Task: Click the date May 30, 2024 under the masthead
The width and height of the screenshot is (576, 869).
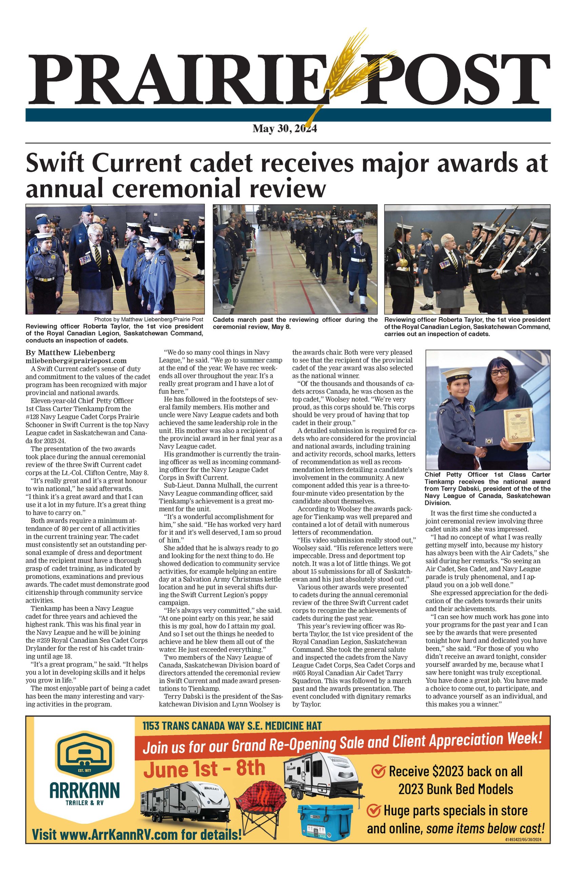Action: [x=284, y=129]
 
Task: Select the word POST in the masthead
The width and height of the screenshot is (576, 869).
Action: [x=456, y=79]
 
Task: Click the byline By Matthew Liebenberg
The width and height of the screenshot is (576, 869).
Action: [x=70, y=353]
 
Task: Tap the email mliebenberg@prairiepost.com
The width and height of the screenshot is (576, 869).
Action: [x=76, y=361]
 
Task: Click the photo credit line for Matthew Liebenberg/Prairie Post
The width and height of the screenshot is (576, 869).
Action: [x=148, y=319]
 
